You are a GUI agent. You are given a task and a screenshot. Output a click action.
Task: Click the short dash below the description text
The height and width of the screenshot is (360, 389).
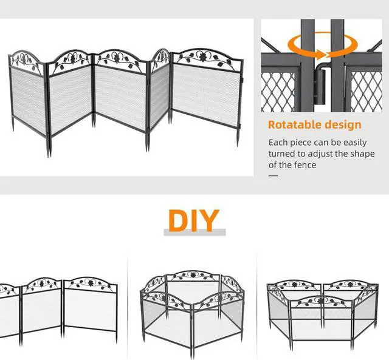click(x=273, y=175)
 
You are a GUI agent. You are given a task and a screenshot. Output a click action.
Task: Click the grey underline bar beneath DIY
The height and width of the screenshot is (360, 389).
click(x=194, y=233)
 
